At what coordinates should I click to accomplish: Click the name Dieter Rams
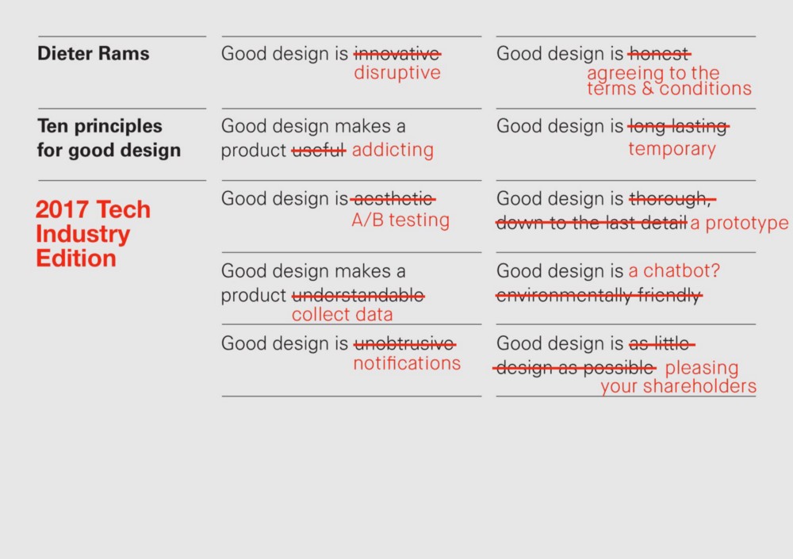(x=93, y=54)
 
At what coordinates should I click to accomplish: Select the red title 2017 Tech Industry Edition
(x=93, y=234)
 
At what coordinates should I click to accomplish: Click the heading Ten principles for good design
(x=109, y=138)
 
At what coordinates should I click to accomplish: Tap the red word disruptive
(x=396, y=73)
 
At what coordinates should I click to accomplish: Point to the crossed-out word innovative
(x=396, y=54)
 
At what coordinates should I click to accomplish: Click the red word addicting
(x=393, y=151)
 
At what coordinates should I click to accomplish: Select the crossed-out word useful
(x=319, y=151)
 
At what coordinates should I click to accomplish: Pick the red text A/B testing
(x=400, y=221)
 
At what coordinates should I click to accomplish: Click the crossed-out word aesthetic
(x=393, y=199)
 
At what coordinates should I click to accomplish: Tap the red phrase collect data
(x=342, y=315)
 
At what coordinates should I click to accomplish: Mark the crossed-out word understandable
(x=358, y=296)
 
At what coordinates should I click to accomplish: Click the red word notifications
(x=406, y=363)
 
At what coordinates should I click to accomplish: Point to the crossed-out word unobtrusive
(x=404, y=344)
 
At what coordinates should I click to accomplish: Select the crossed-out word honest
(x=659, y=54)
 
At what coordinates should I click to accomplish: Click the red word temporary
(x=672, y=149)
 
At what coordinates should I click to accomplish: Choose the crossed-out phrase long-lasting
(x=678, y=126)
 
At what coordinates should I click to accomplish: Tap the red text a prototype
(x=739, y=224)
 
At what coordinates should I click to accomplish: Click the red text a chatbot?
(x=674, y=271)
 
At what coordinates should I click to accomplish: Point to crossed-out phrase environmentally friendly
(x=599, y=296)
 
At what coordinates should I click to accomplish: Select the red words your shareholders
(x=678, y=387)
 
